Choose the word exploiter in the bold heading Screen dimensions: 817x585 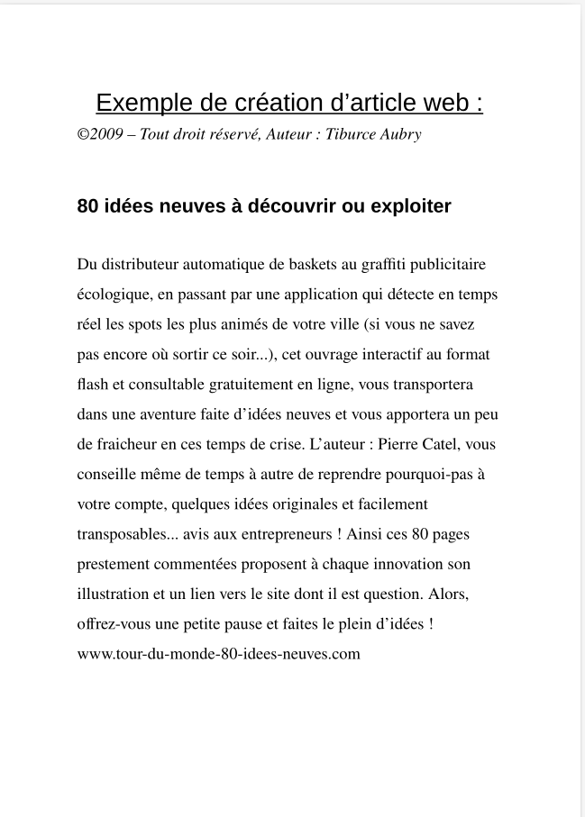click(411, 206)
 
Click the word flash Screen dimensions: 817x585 click(91, 385)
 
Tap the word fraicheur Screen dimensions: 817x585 click(127, 444)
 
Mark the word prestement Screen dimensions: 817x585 click(114, 564)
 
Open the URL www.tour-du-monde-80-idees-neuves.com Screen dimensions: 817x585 click(219, 654)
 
